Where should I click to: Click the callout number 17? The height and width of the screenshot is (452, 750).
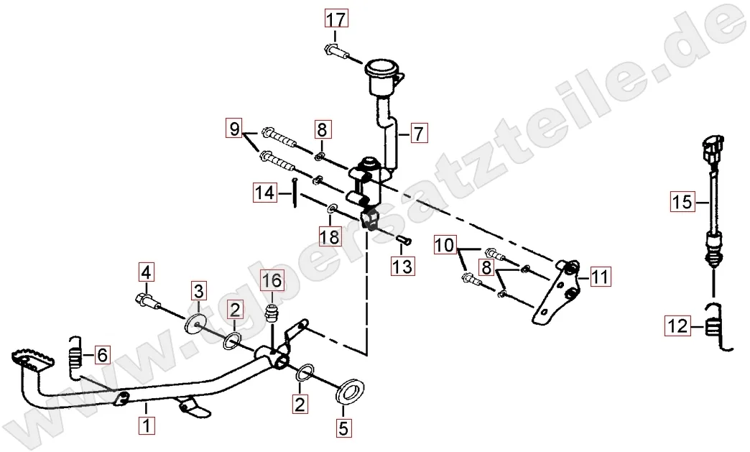pyautogui.click(x=335, y=19)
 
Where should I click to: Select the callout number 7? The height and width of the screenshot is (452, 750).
pyautogui.click(x=418, y=134)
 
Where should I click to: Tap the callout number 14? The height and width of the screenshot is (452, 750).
pyautogui.click(x=265, y=193)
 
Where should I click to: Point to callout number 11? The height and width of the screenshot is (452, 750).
pyautogui.click(x=600, y=277)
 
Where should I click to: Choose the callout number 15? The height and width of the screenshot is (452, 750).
pyautogui.click(x=682, y=202)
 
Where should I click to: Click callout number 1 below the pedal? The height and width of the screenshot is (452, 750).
pyautogui.click(x=147, y=425)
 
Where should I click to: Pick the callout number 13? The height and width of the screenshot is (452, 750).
pyautogui.click(x=402, y=265)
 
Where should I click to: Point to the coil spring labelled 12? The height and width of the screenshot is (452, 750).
pyautogui.click(x=716, y=328)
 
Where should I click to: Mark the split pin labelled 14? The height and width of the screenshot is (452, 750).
pyautogui.click(x=296, y=193)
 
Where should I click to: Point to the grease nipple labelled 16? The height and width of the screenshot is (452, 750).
pyautogui.click(x=272, y=314)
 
